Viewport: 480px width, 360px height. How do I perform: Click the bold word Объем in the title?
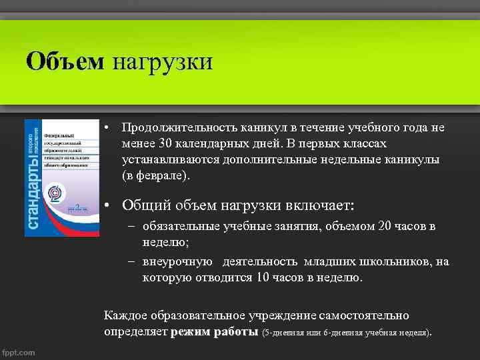(x=65, y=62)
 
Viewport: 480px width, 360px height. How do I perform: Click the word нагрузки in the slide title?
(x=162, y=62)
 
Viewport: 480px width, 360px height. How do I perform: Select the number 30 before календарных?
(x=166, y=144)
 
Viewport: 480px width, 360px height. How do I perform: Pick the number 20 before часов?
(x=385, y=227)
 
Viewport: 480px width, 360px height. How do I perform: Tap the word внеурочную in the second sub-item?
(x=177, y=262)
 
